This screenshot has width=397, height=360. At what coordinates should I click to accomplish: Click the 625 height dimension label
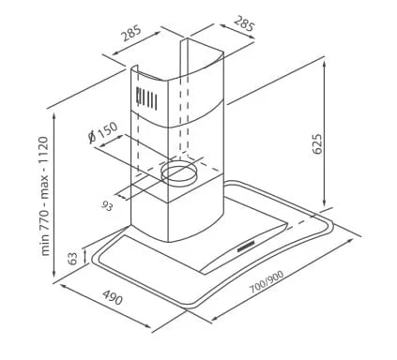pyautogui.click(x=317, y=144)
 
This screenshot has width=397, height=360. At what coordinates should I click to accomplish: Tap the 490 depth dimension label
pyautogui.click(x=113, y=297)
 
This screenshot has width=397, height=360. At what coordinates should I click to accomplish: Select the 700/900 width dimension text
pyautogui.click(x=267, y=281)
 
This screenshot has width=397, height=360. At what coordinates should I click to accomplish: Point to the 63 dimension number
pyautogui.click(x=72, y=258)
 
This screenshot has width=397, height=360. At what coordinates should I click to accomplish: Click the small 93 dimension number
pyautogui.click(x=107, y=206)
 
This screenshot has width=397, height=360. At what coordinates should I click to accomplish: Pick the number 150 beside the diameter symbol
pyautogui.click(x=107, y=129)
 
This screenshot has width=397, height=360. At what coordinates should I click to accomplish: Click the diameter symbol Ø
pyautogui.click(x=92, y=137)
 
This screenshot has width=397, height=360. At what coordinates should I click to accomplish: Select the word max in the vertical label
pyautogui.click(x=45, y=187)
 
